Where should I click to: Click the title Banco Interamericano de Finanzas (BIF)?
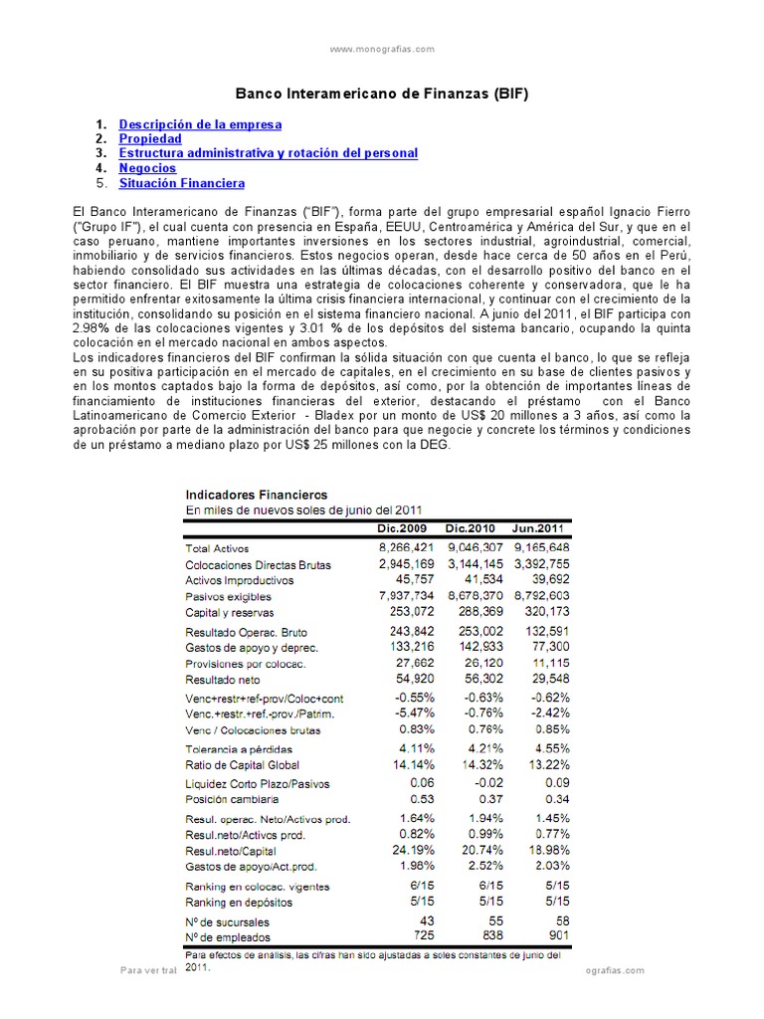(x=381, y=95)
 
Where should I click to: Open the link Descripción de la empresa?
(x=200, y=124)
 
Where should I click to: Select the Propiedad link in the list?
(x=150, y=139)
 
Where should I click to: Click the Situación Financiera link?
(x=181, y=183)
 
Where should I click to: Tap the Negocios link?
(x=147, y=168)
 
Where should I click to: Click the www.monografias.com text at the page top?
(x=382, y=48)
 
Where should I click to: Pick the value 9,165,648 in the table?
(x=542, y=547)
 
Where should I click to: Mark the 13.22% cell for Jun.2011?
(x=550, y=763)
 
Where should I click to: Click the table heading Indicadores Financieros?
(x=257, y=494)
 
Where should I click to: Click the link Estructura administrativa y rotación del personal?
(x=269, y=153)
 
